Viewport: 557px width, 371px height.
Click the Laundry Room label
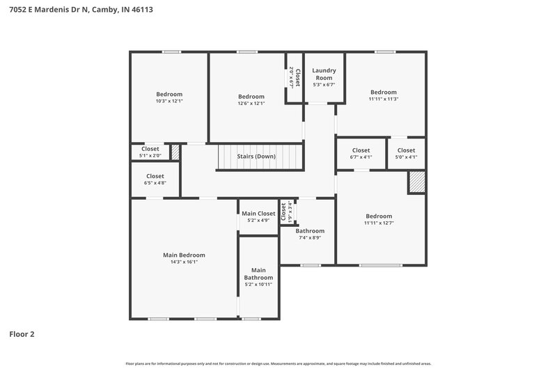[x=324, y=74]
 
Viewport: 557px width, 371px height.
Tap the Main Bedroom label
[x=184, y=255]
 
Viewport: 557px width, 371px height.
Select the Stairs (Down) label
[x=256, y=157]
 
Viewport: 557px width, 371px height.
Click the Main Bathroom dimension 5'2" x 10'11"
[x=258, y=284]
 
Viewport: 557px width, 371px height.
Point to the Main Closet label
[x=258, y=214]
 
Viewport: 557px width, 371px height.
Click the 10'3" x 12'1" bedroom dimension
[x=169, y=102]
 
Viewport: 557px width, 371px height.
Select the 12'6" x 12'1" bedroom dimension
[x=251, y=104]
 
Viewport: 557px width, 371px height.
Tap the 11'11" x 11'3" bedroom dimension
[x=383, y=99]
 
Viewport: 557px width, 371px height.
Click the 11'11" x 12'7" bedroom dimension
[x=378, y=223]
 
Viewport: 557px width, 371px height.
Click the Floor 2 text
[x=22, y=334]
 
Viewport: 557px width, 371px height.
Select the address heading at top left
[x=81, y=10]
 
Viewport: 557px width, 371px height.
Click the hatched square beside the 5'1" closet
[x=175, y=152]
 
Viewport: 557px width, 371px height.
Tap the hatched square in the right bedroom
[x=416, y=182]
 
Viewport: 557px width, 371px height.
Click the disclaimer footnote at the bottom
[x=278, y=363]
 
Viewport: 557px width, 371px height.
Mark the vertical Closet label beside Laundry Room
[x=297, y=78]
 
